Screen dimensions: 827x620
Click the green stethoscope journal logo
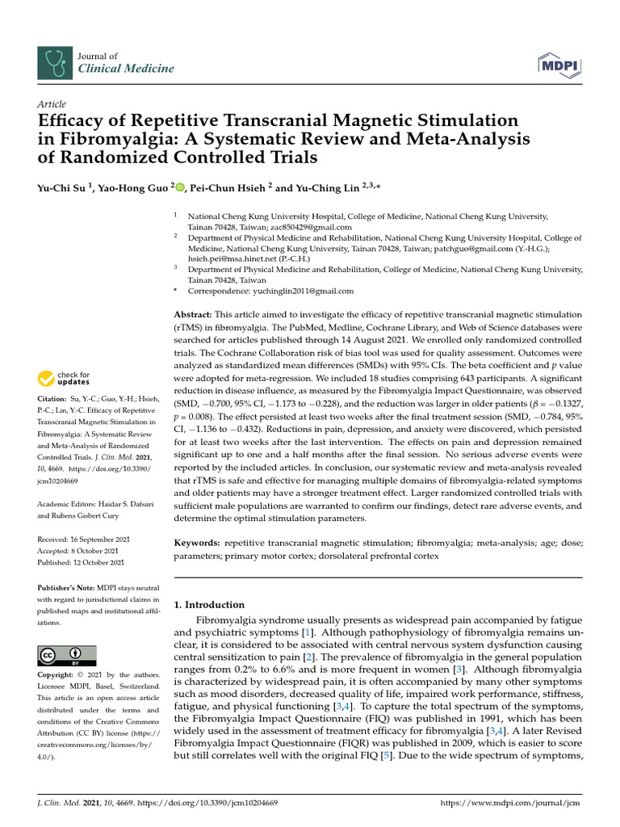[x=54, y=62]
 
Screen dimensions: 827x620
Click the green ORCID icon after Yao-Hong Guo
[x=180, y=188]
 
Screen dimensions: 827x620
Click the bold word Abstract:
[x=195, y=314]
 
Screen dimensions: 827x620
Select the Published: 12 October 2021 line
[x=81, y=562]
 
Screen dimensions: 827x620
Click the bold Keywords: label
[x=197, y=544]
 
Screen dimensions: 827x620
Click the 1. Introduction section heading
[x=209, y=605]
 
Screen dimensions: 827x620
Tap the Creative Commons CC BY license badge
[x=67, y=655]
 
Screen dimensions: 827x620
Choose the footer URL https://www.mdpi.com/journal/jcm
[x=510, y=804]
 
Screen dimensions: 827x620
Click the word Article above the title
[x=52, y=104]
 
